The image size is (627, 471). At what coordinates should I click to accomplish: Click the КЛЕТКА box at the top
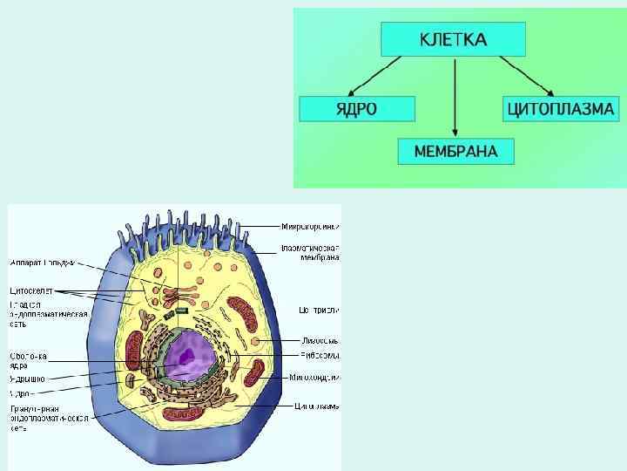pyautogui.click(x=453, y=39)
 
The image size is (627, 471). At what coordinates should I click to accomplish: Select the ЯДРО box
pyautogui.click(x=356, y=109)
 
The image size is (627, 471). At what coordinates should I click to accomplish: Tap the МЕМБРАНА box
pyautogui.click(x=455, y=152)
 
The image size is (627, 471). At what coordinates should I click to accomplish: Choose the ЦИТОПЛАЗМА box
pyautogui.click(x=561, y=109)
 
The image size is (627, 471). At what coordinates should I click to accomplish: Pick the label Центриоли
pyautogui.click(x=319, y=310)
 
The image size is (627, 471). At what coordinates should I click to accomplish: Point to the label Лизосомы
pyautogui.click(x=320, y=340)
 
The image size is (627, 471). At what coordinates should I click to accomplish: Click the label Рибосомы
pyautogui.click(x=319, y=355)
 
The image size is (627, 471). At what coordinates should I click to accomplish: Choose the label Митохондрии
pyautogui.click(x=315, y=378)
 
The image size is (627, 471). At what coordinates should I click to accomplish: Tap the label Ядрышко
pyautogui.click(x=28, y=379)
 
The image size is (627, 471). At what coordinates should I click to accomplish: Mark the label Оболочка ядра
pyautogui.click(x=28, y=360)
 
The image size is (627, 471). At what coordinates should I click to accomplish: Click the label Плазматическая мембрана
pyautogui.click(x=310, y=253)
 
